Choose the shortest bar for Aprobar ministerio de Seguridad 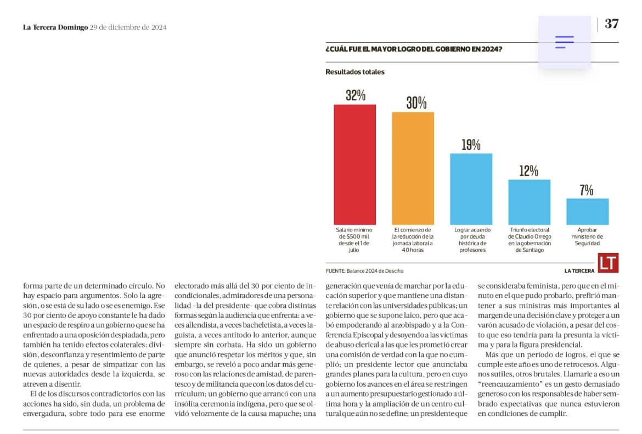587,211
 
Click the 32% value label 355,95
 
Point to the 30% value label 416,103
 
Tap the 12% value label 528,171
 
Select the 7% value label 587,190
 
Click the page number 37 611,24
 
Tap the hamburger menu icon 564,42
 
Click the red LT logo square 608,263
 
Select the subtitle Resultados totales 354,72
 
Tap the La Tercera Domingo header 55,27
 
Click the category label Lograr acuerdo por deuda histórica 471,239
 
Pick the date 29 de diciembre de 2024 128,27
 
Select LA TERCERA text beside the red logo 579,270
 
